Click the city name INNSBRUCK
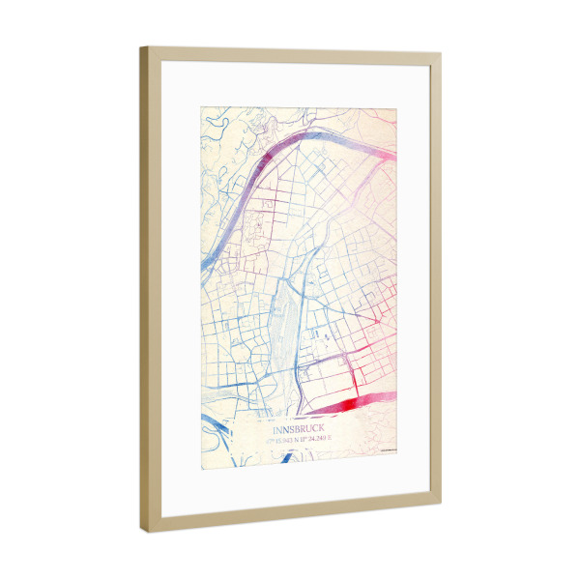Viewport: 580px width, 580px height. click(x=300, y=427)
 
